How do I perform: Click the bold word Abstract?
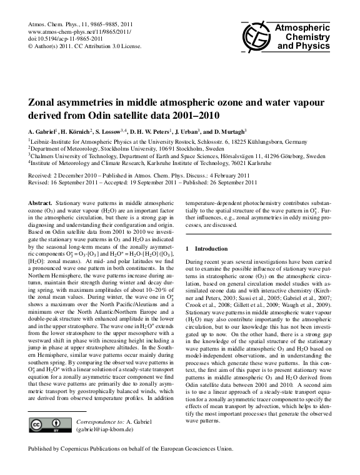click(x=41, y=204)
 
